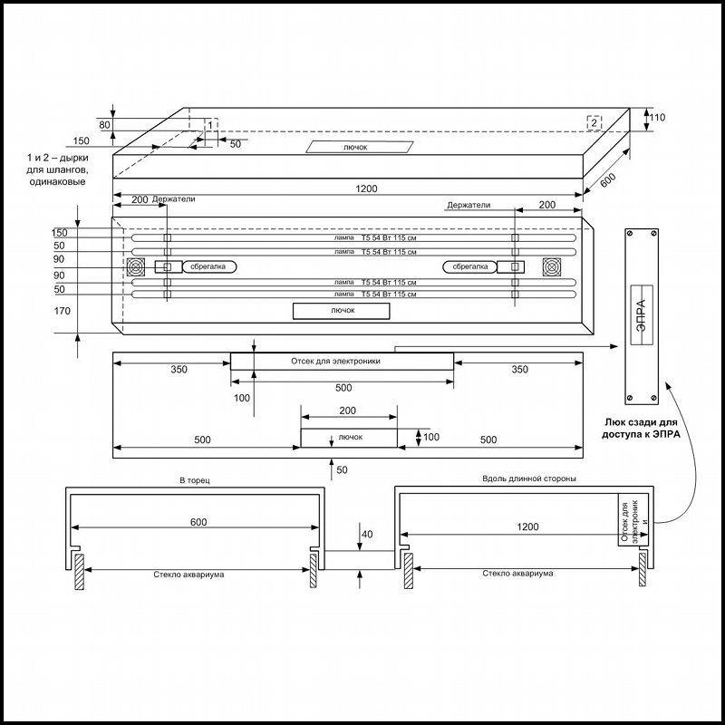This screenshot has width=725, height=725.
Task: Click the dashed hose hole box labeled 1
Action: tap(211, 124)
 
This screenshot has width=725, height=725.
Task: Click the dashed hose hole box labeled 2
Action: tap(594, 122)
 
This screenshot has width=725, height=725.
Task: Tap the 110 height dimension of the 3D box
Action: tap(656, 118)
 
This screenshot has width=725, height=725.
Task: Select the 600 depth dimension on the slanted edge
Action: tap(608, 179)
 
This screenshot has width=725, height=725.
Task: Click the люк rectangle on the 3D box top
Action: tap(359, 147)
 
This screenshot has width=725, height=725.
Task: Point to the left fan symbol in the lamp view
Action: tap(136, 267)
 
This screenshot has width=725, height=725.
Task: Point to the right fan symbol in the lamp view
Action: tap(552, 267)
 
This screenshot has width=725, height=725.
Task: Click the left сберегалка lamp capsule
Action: tap(209, 266)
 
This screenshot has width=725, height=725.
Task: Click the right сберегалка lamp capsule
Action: tap(469, 266)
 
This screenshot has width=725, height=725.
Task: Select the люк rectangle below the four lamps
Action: tap(342, 311)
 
